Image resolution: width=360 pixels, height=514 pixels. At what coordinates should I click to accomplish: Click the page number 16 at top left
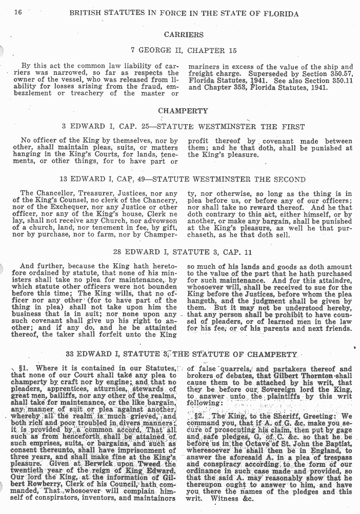point(14,13)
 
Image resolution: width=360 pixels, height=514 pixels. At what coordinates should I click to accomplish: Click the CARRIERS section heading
point(183,35)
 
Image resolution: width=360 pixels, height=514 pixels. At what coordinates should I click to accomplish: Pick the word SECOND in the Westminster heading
point(290,180)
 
